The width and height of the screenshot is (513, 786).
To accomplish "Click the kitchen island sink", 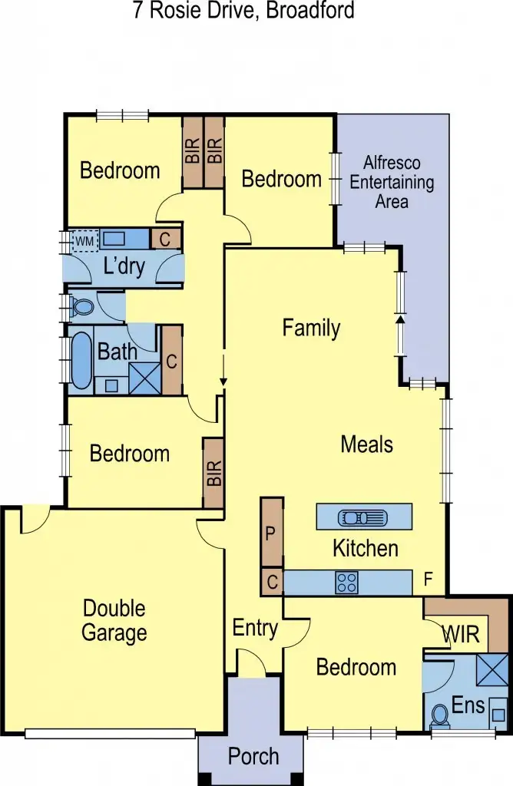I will click(x=356, y=517).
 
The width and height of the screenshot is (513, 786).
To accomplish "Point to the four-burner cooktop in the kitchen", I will click(x=346, y=583).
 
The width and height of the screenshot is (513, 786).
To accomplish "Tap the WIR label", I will click(x=460, y=635).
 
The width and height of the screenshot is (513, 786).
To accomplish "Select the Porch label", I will click(x=253, y=756).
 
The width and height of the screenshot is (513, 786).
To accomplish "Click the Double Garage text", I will click(x=114, y=621).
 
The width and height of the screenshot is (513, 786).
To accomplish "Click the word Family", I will click(x=311, y=329).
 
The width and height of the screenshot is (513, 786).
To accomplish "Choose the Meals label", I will click(x=366, y=444).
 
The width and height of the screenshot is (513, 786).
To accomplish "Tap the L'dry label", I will click(x=124, y=268).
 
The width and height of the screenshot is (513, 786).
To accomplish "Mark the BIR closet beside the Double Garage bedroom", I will click(x=213, y=473).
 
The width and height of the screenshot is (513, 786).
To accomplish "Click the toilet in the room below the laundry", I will click(x=82, y=308).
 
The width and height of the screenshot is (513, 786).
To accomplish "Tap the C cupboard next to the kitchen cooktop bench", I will click(x=272, y=582).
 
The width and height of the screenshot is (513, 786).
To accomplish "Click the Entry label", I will click(x=255, y=628).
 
